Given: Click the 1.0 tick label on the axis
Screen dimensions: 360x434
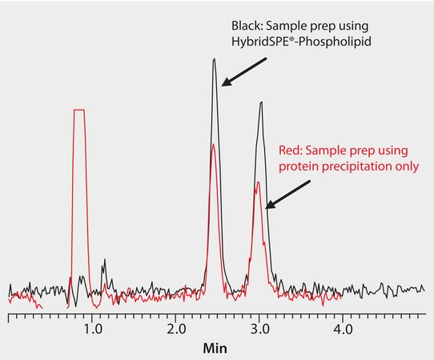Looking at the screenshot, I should click(x=93, y=329).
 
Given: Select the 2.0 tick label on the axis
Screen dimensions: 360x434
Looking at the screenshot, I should click(x=176, y=329).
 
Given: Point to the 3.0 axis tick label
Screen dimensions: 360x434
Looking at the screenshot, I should click(x=259, y=329).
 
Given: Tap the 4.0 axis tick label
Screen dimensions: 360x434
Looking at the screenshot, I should click(x=343, y=329).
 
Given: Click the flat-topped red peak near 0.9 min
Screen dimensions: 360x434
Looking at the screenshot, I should click(x=78, y=110).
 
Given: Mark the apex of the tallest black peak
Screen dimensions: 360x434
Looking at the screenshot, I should click(x=214, y=59).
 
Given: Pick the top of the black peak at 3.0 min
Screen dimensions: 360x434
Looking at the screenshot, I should click(x=260, y=102).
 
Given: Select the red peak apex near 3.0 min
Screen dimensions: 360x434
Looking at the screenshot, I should click(x=257, y=182).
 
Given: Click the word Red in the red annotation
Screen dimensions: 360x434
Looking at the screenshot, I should click(x=289, y=150).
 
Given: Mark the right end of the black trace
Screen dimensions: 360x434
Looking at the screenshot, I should click(x=424, y=289).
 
